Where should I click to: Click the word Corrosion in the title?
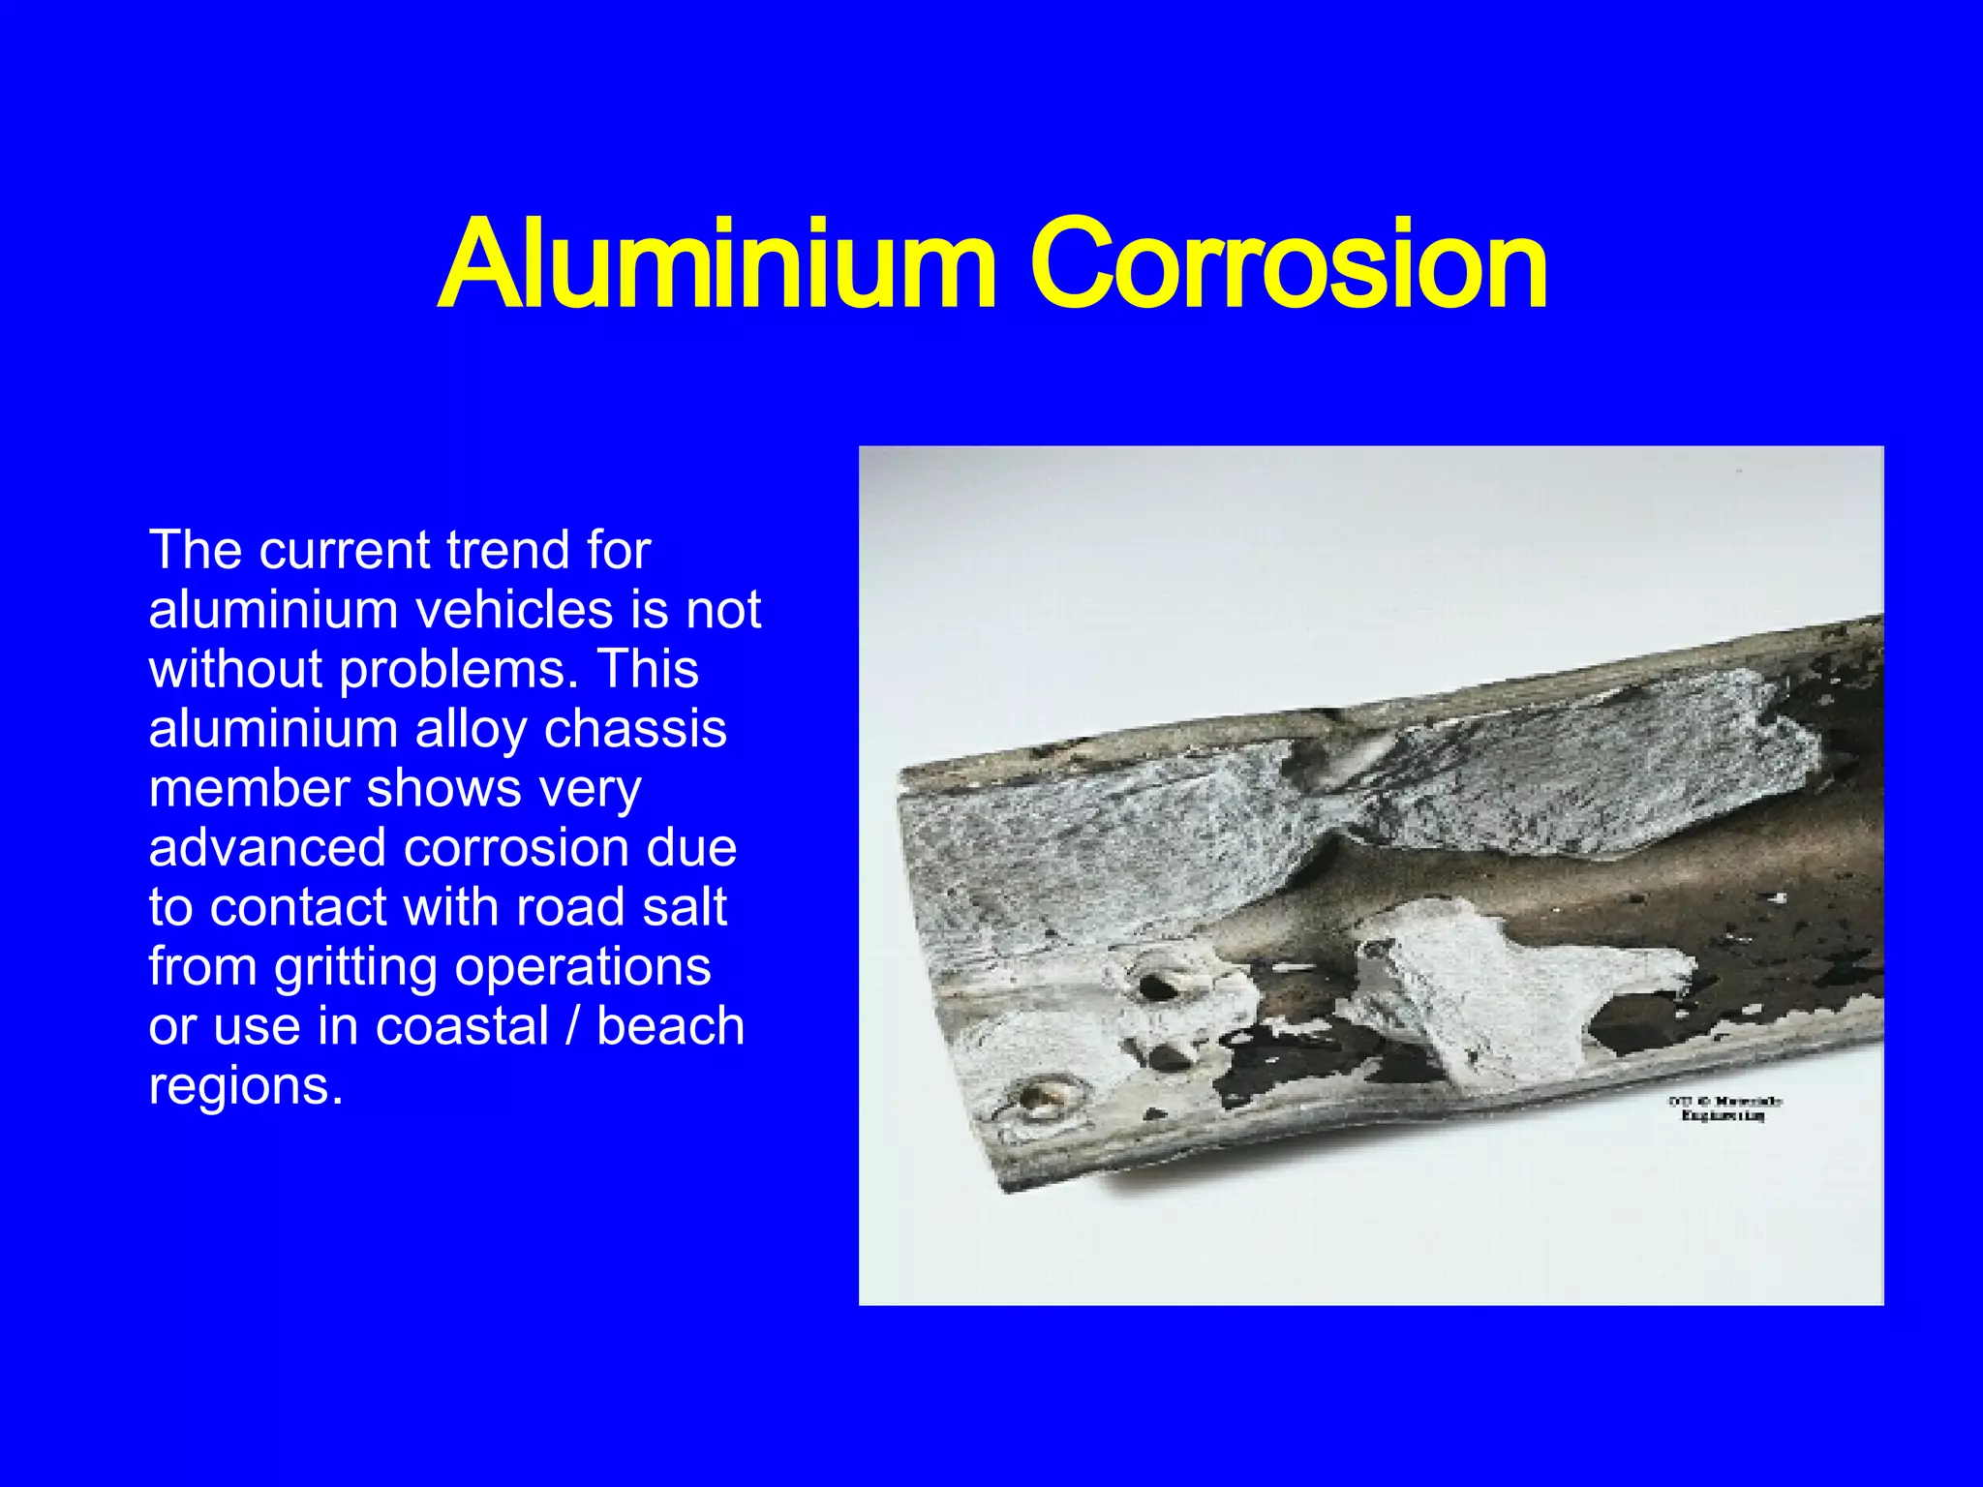(x=1288, y=263)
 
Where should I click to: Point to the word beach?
(x=670, y=1026)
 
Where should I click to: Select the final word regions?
(x=245, y=1086)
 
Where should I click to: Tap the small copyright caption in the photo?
(x=1724, y=1108)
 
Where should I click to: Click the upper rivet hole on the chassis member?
(x=1158, y=986)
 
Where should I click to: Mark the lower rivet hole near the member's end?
(x=1038, y=1099)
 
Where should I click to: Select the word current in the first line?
(x=344, y=550)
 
